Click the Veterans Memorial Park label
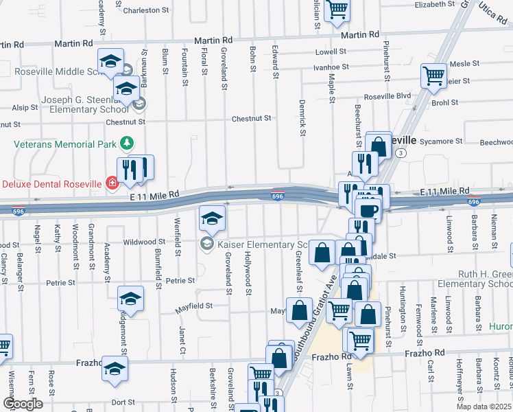pos(64,144)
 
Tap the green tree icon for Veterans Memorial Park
pos(126,144)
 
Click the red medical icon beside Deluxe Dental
pos(111,183)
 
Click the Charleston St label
pos(145,10)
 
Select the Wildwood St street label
pos(144,242)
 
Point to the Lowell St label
pos(331,51)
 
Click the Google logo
pos(23,403)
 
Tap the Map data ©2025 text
pos(484,407)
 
